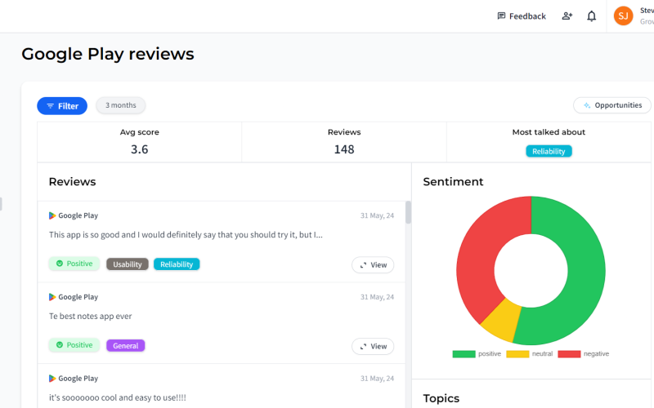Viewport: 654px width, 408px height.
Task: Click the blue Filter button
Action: coord(62,106)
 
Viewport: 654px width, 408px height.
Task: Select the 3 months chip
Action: coord(120,105)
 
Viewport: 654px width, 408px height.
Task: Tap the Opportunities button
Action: coord(611,105)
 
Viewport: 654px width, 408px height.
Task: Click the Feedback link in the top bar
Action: coord(522,16)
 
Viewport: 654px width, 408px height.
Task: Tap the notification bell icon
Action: coord(591,16)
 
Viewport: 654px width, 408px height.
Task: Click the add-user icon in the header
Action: coord(567,16)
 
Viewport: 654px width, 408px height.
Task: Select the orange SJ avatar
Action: coord(623,16)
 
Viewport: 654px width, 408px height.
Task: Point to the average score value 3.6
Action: coord(139,149)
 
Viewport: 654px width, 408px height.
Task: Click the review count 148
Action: coord(344,149)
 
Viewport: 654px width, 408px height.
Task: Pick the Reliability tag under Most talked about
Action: coord(549,151)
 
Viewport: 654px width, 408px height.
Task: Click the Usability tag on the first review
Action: coord(128,264)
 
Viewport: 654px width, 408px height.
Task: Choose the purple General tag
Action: coord(126,345)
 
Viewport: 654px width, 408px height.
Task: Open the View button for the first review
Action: coord(373,264)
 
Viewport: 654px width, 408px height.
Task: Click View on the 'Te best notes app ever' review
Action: coord(373,346)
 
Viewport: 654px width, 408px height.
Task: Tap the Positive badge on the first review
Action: coord(74,264)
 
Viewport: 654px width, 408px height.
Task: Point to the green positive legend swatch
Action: coord(464,354)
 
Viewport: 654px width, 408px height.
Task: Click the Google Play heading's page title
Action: coord(108,54)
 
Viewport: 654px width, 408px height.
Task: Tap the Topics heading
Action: coord(441,398)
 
